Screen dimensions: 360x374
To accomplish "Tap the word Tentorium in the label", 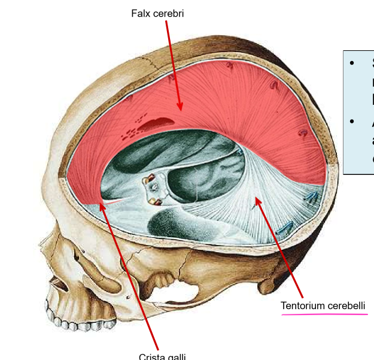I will point(303,306).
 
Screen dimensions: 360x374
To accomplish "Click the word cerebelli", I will point(346,306).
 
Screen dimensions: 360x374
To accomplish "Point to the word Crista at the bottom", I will point(151,356).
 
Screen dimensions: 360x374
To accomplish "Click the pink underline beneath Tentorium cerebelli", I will point(324,315).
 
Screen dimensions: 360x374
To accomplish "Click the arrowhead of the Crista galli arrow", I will point(102,205).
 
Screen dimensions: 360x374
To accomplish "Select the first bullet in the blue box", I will point(352,63).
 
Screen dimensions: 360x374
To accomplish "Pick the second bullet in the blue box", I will point(352,122).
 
